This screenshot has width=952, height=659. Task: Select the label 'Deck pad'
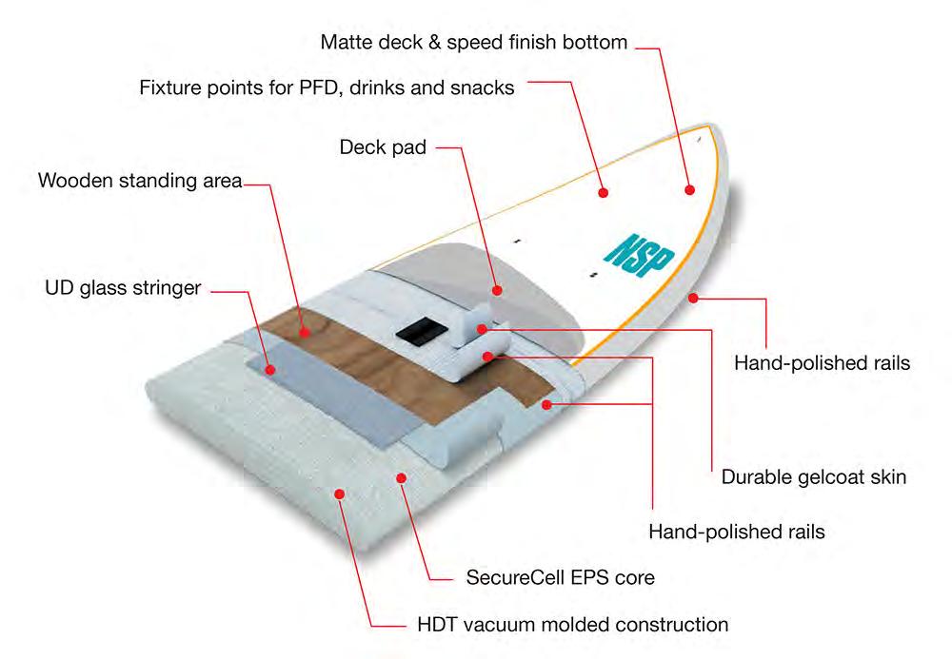[x=383, y=147]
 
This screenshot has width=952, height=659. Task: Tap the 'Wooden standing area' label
[x=140, y=181]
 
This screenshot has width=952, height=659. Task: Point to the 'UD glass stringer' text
[x=123, y=287]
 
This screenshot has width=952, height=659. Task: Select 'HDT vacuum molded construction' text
[x=573, y=625]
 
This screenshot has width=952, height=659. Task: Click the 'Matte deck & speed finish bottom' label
[x=474, y=42]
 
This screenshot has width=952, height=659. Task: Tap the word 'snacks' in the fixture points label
[x=485, y=88]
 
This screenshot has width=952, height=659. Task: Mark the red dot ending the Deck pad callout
[x=496, y=287]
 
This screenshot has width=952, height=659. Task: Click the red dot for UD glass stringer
[x=270, y=369]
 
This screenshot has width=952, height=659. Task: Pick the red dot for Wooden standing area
[x=305, y=333]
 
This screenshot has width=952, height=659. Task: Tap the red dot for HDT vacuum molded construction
[x=340, y=492]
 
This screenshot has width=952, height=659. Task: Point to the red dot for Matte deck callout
[x=687, y=190]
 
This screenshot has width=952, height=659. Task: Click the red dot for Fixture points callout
[x=603, y=192]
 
